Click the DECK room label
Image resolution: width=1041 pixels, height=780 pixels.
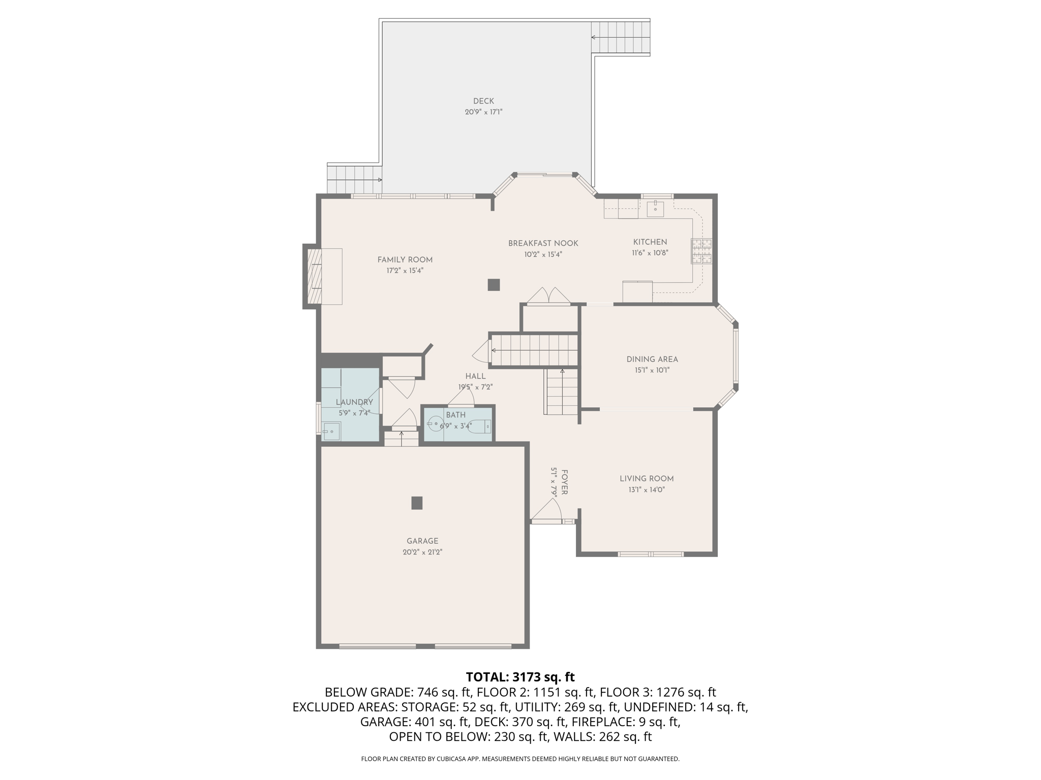tap(483, 101)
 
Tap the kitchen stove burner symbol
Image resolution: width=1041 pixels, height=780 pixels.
tap(701, 251)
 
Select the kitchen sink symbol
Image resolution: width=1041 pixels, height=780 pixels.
tap(655, 209)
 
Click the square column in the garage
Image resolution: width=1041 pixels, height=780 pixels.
tap(417, 503)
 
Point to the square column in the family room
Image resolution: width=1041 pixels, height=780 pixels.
tap(494, 285)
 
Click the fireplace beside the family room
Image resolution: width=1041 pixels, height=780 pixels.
tap(314, 276)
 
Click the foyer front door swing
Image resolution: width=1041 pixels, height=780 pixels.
tap(548, 510)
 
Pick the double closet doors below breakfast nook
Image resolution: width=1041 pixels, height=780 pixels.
tap(548, 296)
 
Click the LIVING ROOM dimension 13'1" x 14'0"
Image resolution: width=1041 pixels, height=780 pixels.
tap(647, 490)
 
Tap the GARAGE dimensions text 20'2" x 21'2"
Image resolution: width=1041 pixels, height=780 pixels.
tap(422, 552)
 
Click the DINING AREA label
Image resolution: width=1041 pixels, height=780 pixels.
tap(652, 360)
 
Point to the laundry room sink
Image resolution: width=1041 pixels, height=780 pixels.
tap(331, 431)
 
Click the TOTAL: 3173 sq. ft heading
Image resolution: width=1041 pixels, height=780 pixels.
tap(520, 677)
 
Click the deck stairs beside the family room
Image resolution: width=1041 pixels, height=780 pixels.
tap(354, 180)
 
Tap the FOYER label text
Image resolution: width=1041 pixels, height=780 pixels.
tap(564, 482)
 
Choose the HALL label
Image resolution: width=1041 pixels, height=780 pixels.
tap(475, 376)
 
